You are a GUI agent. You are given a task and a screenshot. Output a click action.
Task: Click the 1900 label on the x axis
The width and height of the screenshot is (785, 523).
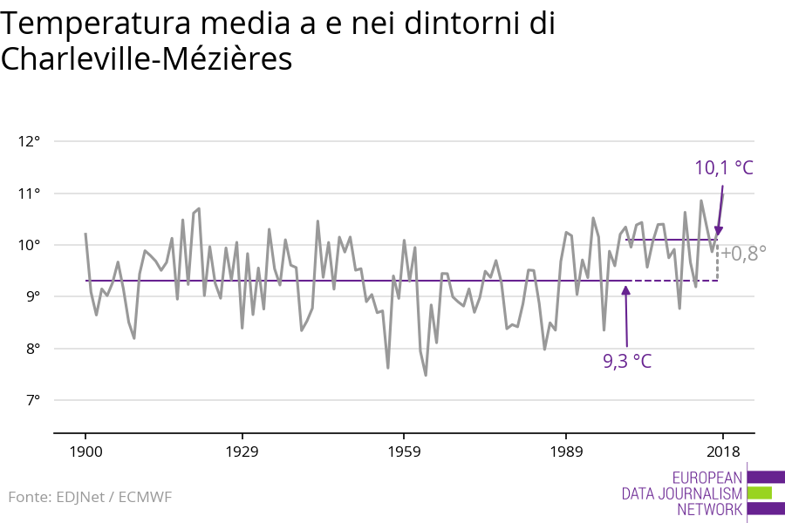tap(85, 452)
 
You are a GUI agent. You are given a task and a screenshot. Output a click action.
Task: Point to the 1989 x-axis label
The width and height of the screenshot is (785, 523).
tap(567, 452)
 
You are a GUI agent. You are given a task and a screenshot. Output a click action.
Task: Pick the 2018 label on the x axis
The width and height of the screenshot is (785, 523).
tap(722, 452)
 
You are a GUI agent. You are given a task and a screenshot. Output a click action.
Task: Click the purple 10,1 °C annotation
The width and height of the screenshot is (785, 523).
tap(723, 168)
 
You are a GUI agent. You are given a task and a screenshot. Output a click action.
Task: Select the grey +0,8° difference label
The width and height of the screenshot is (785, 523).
tap(743, 254)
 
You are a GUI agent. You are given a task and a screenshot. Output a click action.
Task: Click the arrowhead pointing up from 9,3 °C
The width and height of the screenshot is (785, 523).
tap(625, 289)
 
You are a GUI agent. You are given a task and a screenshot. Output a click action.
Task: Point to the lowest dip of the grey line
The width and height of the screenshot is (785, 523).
tap(426, 375)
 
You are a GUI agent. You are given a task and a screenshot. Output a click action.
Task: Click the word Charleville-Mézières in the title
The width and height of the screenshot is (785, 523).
tap(146, 59)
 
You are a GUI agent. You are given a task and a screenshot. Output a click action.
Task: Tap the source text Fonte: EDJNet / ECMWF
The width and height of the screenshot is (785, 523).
tap(91, 497)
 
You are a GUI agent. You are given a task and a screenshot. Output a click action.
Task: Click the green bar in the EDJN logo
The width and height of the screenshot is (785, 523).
tap(760, 493)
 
